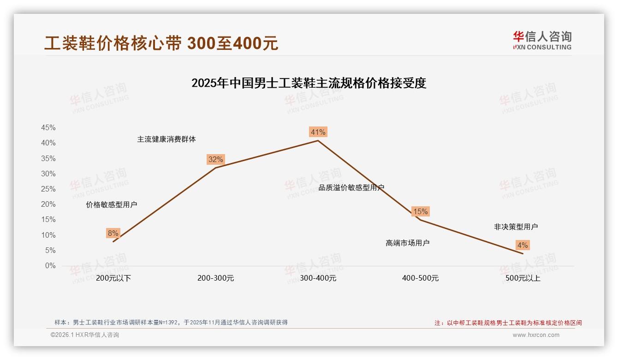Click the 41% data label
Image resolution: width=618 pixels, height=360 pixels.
tap(318, 132)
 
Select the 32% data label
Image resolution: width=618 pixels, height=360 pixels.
tap(215, 160)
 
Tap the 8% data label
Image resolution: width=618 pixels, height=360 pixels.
tap(113, 233)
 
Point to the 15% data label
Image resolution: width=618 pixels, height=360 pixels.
tap(420, 211)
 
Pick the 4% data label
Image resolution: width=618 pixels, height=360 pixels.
tap(523, 245)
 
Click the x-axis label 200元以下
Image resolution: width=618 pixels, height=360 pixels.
tap(113, 278)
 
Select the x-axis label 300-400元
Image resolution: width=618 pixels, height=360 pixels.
tap(318, 278)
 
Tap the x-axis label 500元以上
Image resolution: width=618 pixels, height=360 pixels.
tap(523, 278)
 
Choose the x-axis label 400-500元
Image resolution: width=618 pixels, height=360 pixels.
tap(420, 278)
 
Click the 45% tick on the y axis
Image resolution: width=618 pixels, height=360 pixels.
tap(48, 127)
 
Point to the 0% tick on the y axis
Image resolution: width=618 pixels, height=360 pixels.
tap(50, 266)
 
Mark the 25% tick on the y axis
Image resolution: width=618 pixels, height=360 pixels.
tap(48, 189)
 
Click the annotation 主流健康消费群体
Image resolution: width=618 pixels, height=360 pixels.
tap(166, 139)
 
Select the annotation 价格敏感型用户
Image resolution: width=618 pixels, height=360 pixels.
tap(111, 205)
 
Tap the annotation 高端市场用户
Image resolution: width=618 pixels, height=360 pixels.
tap(407, 243)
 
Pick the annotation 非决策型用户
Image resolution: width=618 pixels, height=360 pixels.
tap(516, 227)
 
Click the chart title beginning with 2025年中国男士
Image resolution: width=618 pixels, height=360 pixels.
tap(309, 84)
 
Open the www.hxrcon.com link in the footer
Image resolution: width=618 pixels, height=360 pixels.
tap(536, 335)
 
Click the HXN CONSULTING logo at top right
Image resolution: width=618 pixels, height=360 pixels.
tap(542, 40)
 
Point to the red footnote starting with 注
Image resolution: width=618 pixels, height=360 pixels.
tap(508, 323)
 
